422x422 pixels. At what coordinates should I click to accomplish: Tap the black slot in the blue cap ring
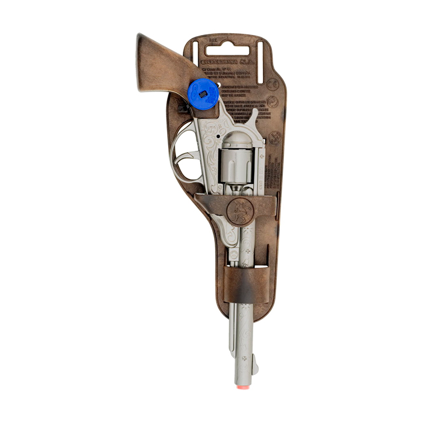[x=204, y=93]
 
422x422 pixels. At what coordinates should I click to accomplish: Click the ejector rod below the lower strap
[x=233, y=329]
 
